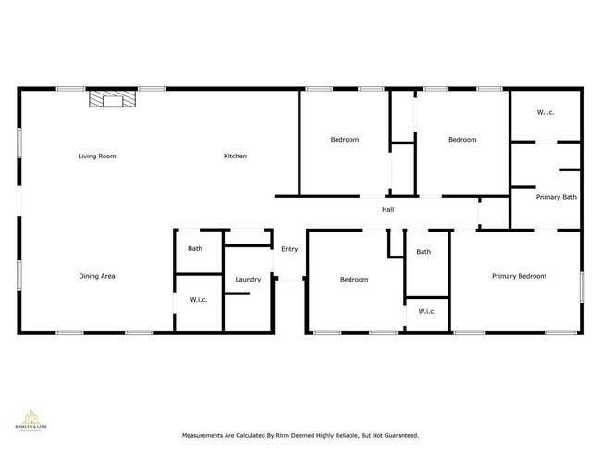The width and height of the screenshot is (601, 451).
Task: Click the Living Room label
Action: tap(97, 156)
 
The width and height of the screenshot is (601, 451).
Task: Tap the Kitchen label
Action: tap(235, 156)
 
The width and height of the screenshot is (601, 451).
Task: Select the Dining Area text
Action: tap(96, 275)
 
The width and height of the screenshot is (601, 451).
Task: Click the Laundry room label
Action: tap(248, 279)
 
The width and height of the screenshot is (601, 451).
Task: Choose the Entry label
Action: tap(289, 248)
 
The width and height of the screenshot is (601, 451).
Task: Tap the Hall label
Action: tap(388, 209)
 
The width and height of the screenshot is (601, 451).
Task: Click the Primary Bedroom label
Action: tap(519, 275)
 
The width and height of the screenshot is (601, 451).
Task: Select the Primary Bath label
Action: tap(557, 196)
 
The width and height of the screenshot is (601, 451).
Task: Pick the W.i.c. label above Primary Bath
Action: tap(546, 113)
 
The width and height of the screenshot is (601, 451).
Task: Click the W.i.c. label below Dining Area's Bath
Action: tap(198, 299)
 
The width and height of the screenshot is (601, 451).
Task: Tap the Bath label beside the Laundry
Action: tap(195, 248)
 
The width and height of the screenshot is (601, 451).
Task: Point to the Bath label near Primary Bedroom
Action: tap(423, 251)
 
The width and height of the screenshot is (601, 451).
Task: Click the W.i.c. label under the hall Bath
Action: tap(426, 311)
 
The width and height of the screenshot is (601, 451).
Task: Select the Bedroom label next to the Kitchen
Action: tap(345, 140)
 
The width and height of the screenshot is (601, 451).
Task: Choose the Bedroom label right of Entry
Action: tap(353, 279)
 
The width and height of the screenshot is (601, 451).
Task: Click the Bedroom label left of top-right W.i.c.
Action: tap(462, 140)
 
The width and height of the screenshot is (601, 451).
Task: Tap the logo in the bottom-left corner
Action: tap(31, 420)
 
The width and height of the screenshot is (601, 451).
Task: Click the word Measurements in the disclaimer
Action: tap(205, 434)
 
